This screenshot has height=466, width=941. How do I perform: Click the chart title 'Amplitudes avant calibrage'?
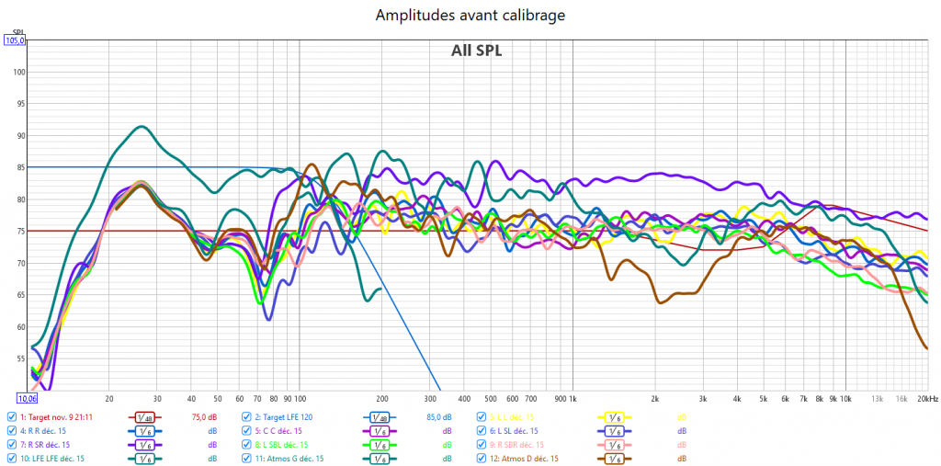(x=470, y=16)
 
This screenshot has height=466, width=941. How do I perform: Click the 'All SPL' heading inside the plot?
(x=476, y=51)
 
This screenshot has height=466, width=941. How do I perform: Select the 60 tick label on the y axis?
(x=20, y=327)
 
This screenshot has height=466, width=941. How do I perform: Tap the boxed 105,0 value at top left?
(x=16, y=40)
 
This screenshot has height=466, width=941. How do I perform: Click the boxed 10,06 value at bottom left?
(x=27, y=398)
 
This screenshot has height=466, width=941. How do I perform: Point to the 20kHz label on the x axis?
(x=928, y=399)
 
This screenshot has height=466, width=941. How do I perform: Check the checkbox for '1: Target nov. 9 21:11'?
(x=11, y=416)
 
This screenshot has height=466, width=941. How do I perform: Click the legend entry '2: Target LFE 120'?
(x=294, y=416)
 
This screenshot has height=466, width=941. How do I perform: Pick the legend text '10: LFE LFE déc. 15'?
(x=52, y=458)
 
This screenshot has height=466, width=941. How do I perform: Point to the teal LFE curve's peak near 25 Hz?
(x=141, y=127)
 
